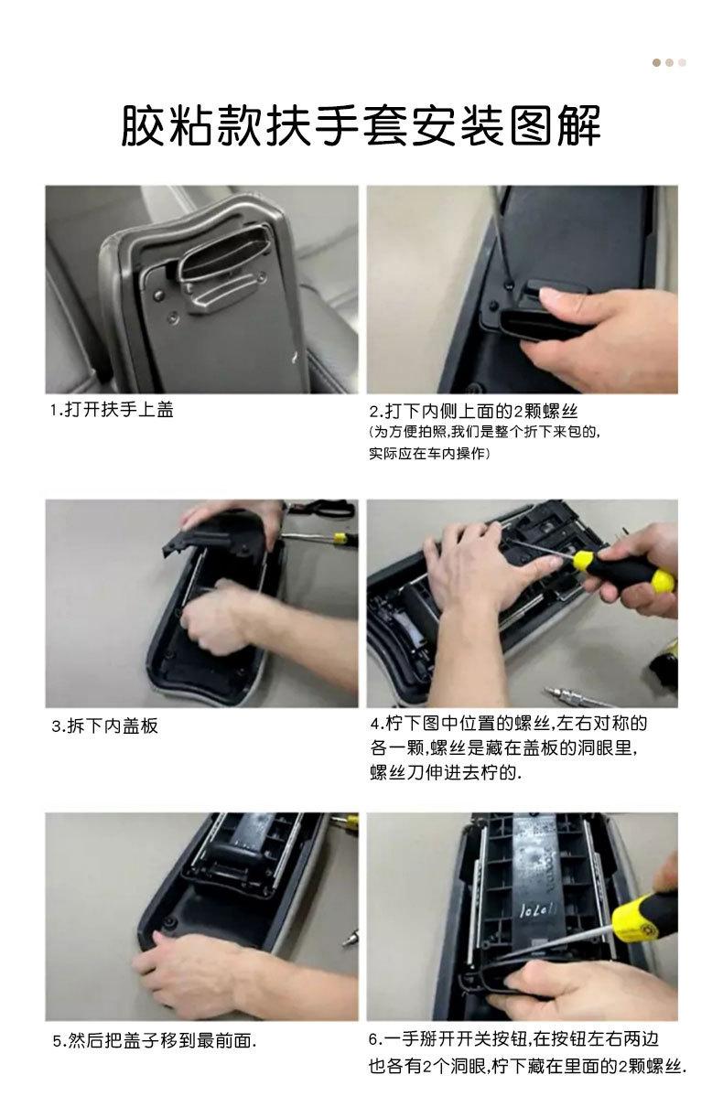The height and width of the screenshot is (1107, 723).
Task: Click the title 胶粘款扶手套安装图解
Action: tap(361, 126)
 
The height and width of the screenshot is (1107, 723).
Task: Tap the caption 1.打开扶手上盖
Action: tap(112, 410)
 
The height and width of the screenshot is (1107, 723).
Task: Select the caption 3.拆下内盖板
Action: tap(104, 725)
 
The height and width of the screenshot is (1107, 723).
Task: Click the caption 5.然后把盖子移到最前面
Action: tap(153, 1040)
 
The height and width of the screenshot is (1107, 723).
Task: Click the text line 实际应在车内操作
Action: tap(430, 454)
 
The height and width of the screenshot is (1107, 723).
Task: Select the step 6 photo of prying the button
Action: tap(523, 916)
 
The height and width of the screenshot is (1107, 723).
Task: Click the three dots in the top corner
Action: tap(669, 63)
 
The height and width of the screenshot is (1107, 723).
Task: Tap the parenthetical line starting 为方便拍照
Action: tap(485, 432)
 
